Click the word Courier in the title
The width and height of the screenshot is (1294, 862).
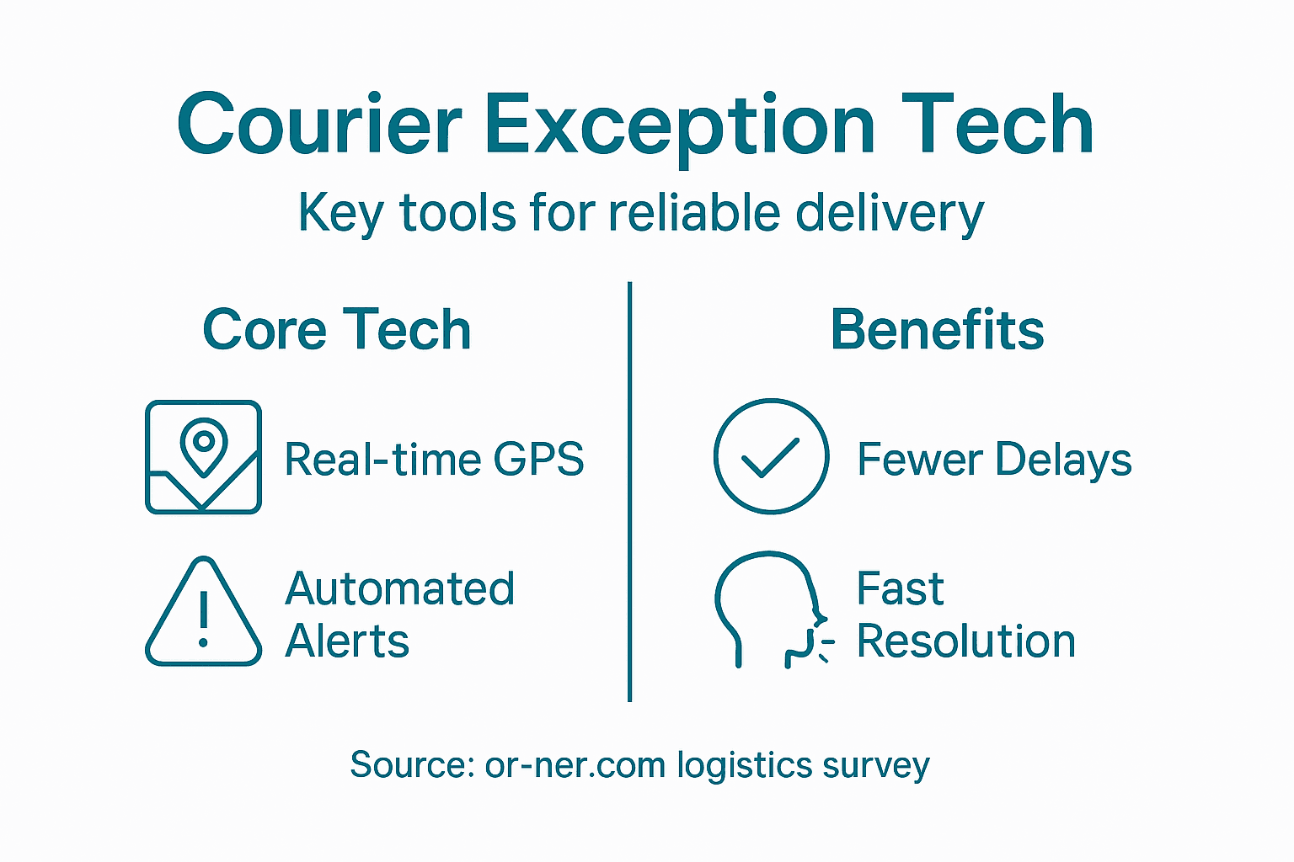(x=319, y=125)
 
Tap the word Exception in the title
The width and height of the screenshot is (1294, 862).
(x=679, y=125)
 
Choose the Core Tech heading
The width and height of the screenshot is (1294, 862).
(x=336, y=329)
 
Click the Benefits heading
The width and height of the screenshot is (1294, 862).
(x=937, y=329)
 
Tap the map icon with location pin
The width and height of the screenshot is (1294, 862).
(x=203, y=457)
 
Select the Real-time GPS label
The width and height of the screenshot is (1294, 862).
(x=434, y=460)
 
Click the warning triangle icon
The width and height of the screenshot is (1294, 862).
(x=203, y=613)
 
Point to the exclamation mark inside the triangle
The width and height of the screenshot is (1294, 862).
(x=203, y=619)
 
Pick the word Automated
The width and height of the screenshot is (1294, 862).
(x=399, y=588)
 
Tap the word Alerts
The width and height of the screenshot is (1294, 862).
(x=347, y=641)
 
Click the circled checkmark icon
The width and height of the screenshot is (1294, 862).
(x=771, y=456)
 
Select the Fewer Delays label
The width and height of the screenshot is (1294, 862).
(x=994, y=460)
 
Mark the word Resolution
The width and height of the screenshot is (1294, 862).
(x=966, y=641)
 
